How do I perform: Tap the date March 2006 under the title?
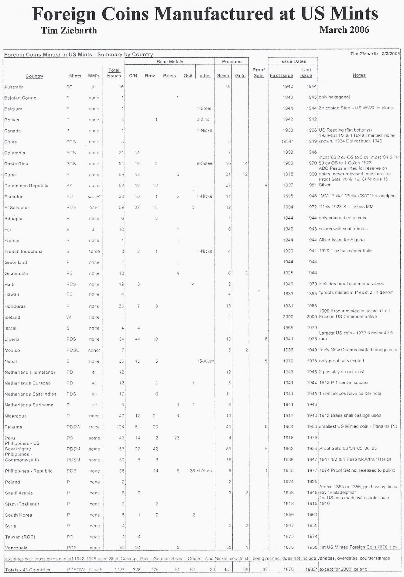pyautogui.click(x=344, y=30)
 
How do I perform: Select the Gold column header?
pyautogui.click(x=240, y=76)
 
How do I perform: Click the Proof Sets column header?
pyautogui.click(x=258, y=73)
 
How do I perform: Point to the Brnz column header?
pyautogui.click(x=150, y=76)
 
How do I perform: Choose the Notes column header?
pyautogui.click(x=359, y=75)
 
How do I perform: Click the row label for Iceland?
pyautogui.click(x=12, y=317)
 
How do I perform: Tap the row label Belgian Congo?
pyautogui.click(x=20, y=98)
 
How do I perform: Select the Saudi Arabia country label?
pyautogui.click(x=19, y=493)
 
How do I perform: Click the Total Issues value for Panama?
pyautogui.click(x=121, y=427)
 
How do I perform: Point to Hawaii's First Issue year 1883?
pyautogui.click(x=288, y=294)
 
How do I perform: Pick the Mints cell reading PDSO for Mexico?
pyautogui.click(x=73, y=350)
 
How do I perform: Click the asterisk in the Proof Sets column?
pyautogui.click(x=259, y=291)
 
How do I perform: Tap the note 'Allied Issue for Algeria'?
pyautogui.click(x=342, y=240)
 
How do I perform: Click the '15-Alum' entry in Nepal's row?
pyautogui.click(x=205, y=361)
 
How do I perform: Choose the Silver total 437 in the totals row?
pyautogui.click(x=228, y=570)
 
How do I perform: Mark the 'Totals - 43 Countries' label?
pyautogui.click(x=27, y=570)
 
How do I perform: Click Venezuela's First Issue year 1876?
pyautogui.click(x=288, y=548)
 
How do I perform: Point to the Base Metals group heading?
pyautogui.click(x=170, y=62)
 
